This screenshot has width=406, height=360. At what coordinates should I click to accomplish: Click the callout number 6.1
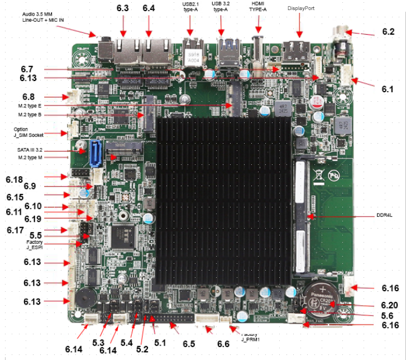tap(388, 88)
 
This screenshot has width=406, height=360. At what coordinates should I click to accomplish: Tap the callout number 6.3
tap(123, 8)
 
